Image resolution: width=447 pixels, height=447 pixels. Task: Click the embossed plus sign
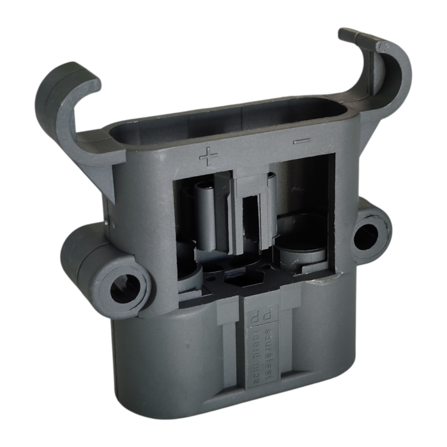point(209,155)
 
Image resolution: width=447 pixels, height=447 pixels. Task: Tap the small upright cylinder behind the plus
point(206,211)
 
